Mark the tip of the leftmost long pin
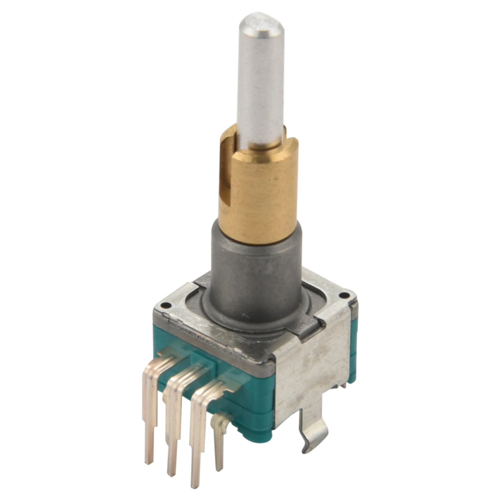[x=150, y=460]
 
